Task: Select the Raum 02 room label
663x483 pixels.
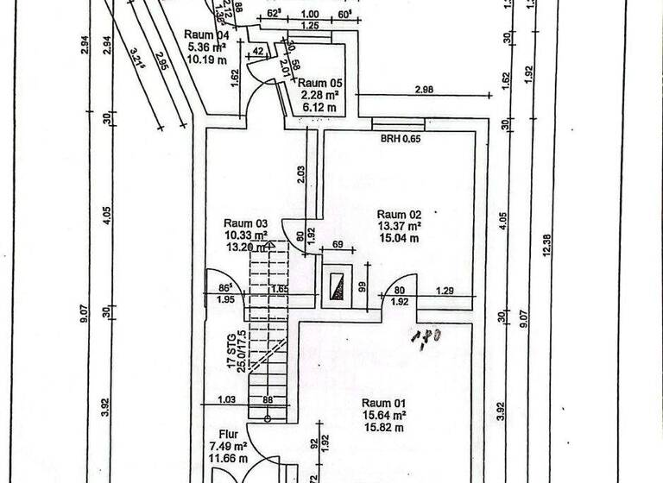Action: [x=397, y=214]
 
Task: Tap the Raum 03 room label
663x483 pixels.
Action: [x=246, y=222]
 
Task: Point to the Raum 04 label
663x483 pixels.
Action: [x=206, y=35]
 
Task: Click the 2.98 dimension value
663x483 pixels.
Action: [x=424, y=90]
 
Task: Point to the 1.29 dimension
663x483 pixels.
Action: [x=445, y=292]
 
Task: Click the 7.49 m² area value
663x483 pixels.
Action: [x=228, y=447]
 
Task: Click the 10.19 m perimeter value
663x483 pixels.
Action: [x=205, y=60]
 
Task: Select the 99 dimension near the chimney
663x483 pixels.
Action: [x=363, y=288]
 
